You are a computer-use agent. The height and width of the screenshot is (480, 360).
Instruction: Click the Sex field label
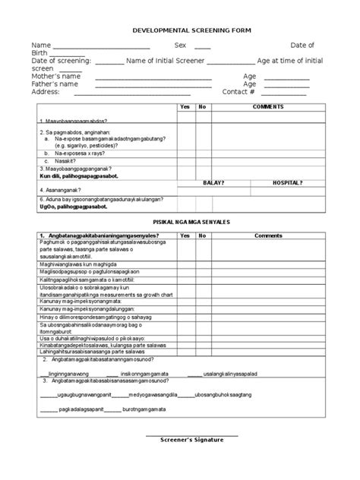pyautogui.click(x=181, y=46)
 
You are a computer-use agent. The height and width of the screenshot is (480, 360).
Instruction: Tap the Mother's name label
pyautogui.click(x=55, y=77)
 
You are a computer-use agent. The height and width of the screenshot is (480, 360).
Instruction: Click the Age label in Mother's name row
pyautogui.click(x=250, y=77)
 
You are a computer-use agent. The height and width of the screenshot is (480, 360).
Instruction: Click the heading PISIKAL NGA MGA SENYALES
pyautogui.click(x=180, y=219)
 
